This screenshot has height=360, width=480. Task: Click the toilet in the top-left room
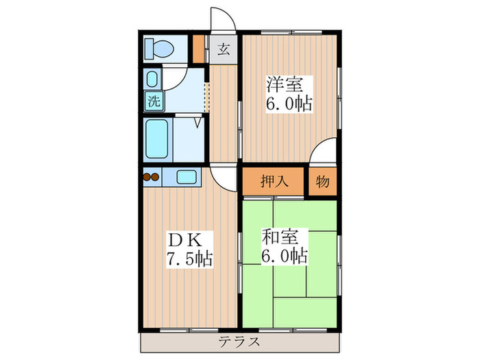pyautogui.click(x=158, y=49)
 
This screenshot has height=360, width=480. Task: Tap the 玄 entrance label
pyautogui.click(x=223, y=49)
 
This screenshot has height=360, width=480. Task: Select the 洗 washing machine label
pyautogui.click(x=153, y=101)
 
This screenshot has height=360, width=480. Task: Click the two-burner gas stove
pyautogui.click(x=150, y=178)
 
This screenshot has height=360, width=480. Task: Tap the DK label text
pyautogui.click(x=182, y=240)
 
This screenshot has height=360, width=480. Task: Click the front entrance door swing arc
pyautogui.click(x=221, y=17)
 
